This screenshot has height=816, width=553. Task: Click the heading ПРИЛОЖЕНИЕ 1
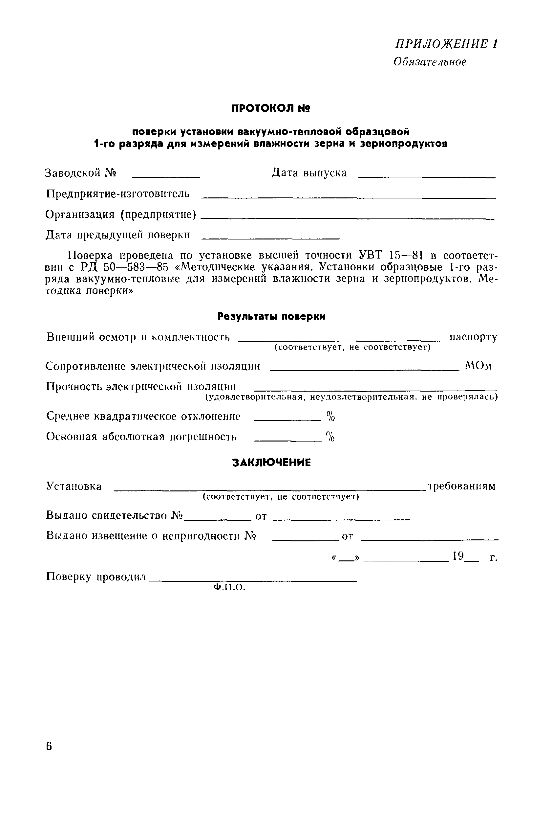click(446, 44)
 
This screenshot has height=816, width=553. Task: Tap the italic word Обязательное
click(430, 62)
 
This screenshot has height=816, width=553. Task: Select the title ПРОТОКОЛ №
click(270, 108)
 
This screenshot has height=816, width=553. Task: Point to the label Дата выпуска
click(309, 173)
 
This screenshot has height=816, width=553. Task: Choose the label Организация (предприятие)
click(121, 214)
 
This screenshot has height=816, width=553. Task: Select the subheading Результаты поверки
click(271, 316)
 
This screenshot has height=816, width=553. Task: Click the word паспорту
click(473, 337)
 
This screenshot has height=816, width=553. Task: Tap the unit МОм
click(478, 366)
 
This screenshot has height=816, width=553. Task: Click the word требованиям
click(461, 486)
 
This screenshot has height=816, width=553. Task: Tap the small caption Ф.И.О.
click(229, 587)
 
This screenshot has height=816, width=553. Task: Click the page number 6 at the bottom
click(49, 746)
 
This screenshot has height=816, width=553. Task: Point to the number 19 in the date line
click(458, 555)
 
